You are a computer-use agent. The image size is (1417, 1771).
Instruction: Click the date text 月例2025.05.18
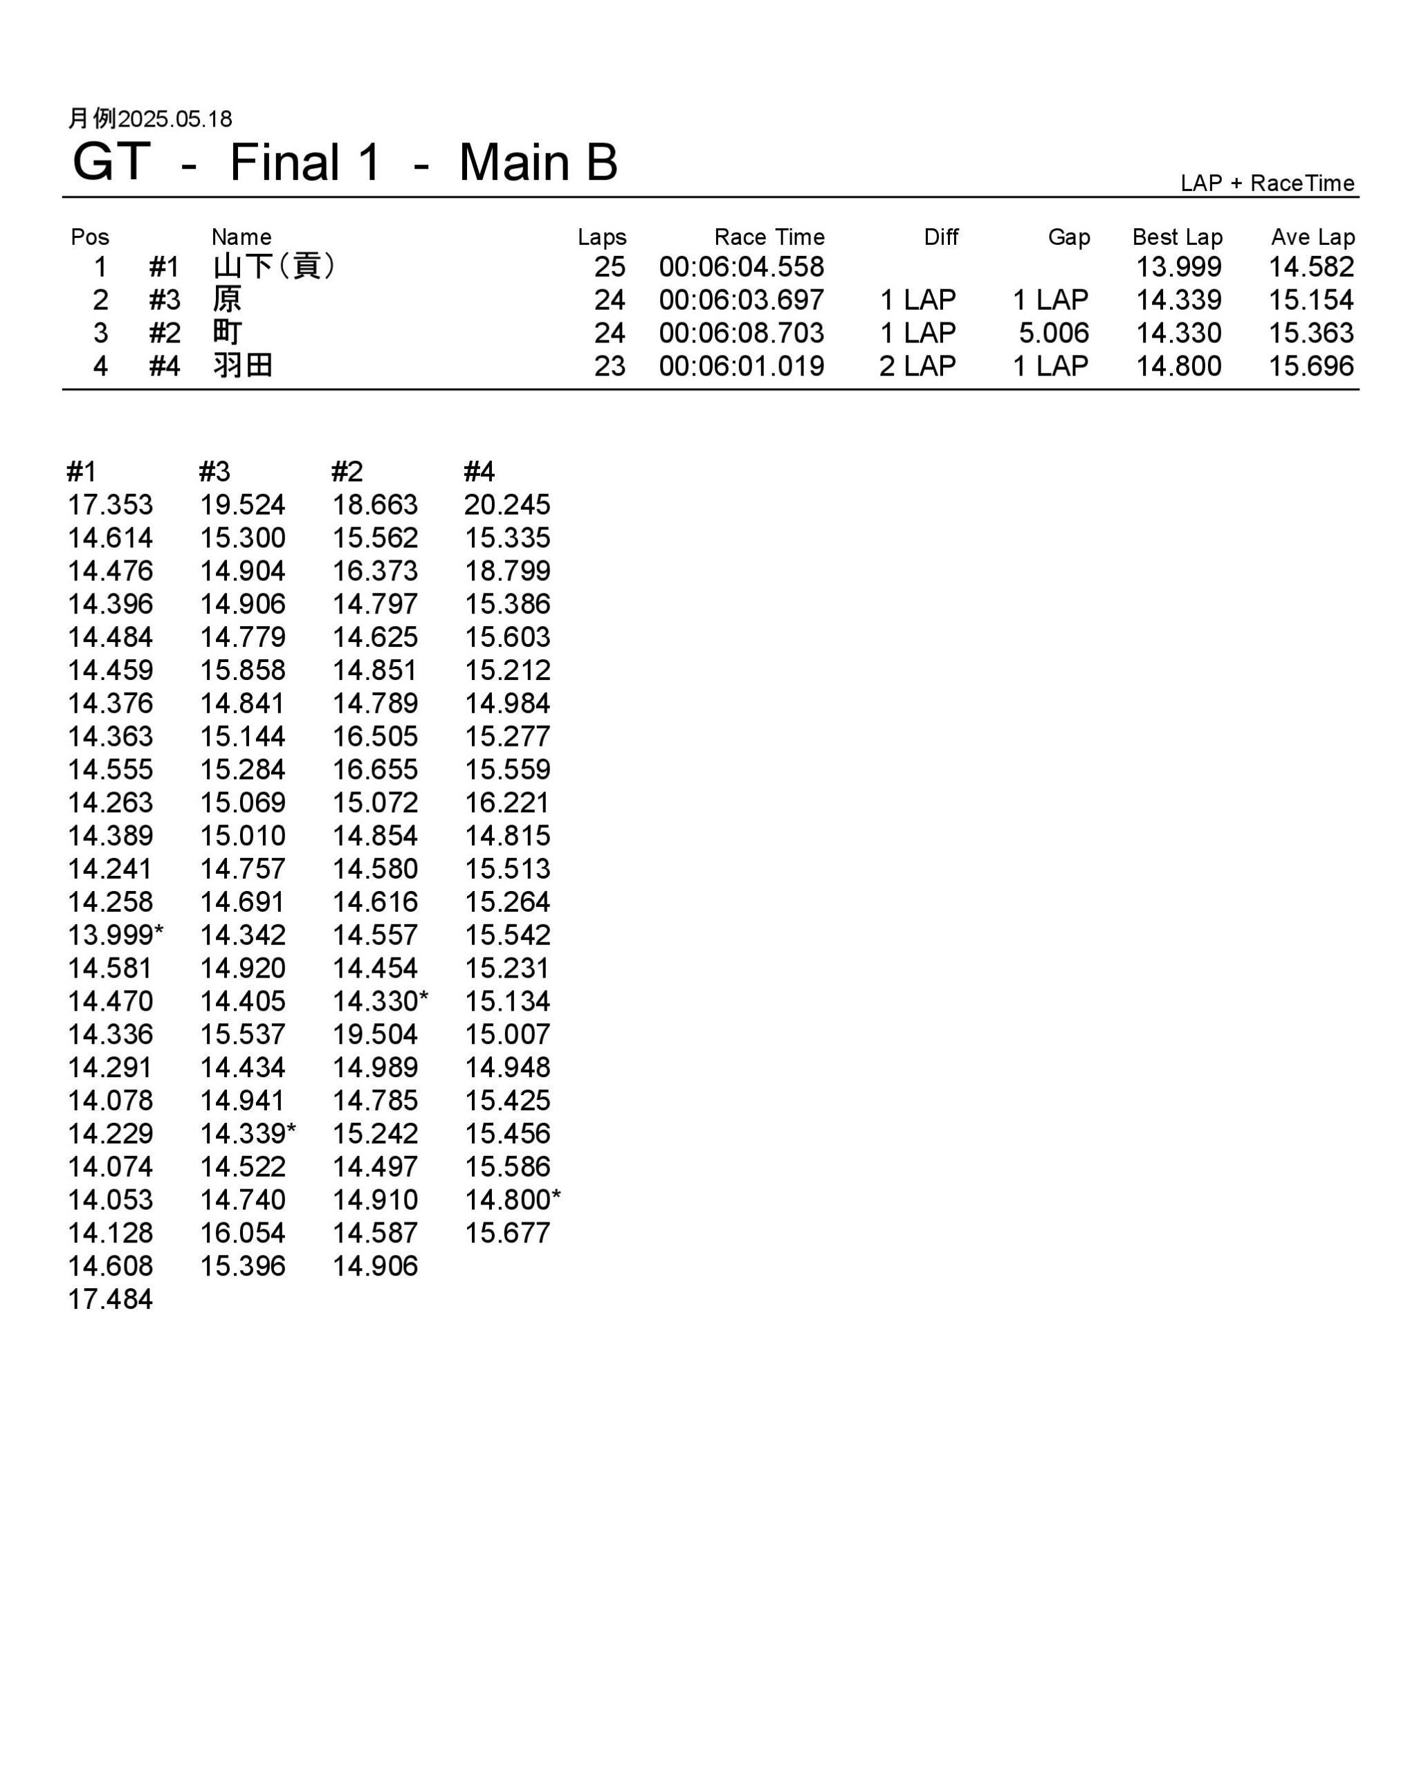pyautogui.click(x=149, y=119)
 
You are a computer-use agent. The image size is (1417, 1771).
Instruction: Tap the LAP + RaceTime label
pyautogui.click(x=1267, y=183)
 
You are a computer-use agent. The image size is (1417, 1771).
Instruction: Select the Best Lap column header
pyautogui.click(x=1176, y=237)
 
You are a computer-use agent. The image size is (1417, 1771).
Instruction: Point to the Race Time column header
pyautogui.click(x=769, y=237)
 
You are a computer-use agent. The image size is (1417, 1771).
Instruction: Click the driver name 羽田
pyautogui.click(x=242, y=365)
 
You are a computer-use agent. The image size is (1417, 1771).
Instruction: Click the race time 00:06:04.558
pyautogui.click(x=741, y=267)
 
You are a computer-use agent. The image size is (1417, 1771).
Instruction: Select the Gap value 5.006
pyautogui.click(x=1053, y=333)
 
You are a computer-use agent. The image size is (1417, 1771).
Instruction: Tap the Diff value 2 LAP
pyautogui.click(x=917, y=365)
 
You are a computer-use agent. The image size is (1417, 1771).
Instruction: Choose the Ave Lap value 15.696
pyautogui.click(x=1310, y=365)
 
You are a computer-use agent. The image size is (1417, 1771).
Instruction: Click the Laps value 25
pyautogui.click(x=610, y=267)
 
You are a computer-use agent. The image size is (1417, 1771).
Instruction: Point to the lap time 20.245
pyautogui.click(x=507, y=504)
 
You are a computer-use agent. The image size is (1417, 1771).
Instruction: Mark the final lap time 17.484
pyautogui.click(x=110, y=1299)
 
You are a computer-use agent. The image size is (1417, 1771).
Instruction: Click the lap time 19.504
pyautogui.click(x=374, y=1034)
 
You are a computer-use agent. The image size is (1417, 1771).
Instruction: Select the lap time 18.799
pyautogui.click(x=507, y=571)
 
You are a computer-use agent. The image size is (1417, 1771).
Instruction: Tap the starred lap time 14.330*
pyautogui.click(x=380, y=1000)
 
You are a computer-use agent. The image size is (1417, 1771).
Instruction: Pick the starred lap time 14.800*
pyautogui.click(x=512, y=1200)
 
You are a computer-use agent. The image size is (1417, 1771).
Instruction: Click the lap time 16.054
pyautogui.click(x=242, y=1232)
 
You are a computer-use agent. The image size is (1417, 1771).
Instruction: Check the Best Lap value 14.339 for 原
pyautogui.click(x=1178, y=300)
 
